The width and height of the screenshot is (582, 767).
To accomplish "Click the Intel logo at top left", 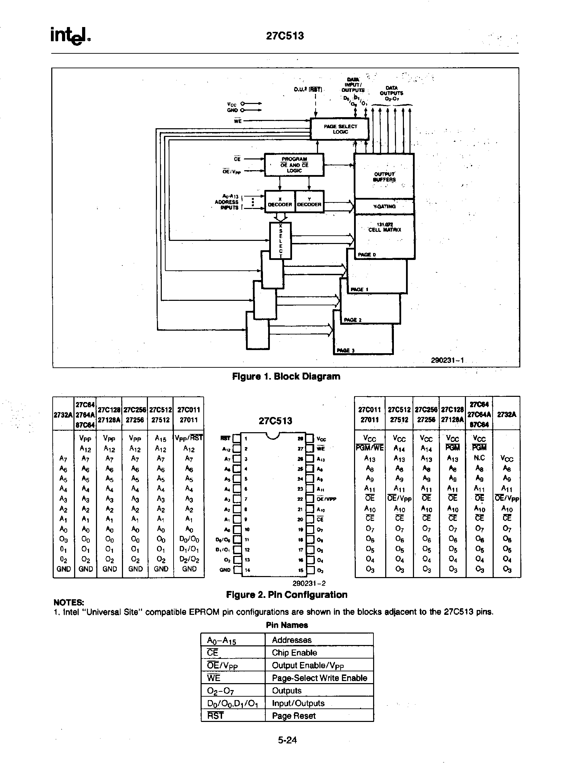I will [x=70, y=36].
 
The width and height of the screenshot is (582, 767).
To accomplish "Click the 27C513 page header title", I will [x=284, y=36].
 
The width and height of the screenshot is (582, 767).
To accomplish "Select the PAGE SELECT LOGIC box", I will [x=340, y=129].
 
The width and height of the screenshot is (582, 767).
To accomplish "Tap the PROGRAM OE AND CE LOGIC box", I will [x=294, y=165].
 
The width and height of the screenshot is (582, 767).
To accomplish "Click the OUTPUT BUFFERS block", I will [x=384, y=176].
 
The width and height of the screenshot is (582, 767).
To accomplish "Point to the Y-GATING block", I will [x=384, y=207].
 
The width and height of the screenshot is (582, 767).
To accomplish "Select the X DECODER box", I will [x=279, y=202].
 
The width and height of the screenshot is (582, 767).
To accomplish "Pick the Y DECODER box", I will [x=309, y=202].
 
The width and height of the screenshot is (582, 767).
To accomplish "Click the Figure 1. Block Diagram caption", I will [x=286, y=376].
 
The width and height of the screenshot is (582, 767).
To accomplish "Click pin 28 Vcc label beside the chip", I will [x=321, y=439].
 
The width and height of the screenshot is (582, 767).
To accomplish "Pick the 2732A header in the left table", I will [x=63, y=415].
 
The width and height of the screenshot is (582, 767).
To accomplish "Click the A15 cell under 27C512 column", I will [x=160, y=439].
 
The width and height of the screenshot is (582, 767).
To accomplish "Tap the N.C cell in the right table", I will [x=479, y=458].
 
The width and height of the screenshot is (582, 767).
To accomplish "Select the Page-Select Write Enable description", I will [x=319, y=678].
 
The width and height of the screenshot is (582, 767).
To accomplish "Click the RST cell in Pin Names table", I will [x=215, y=716].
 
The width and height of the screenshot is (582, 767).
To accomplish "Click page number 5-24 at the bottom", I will [x=287, y=740].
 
